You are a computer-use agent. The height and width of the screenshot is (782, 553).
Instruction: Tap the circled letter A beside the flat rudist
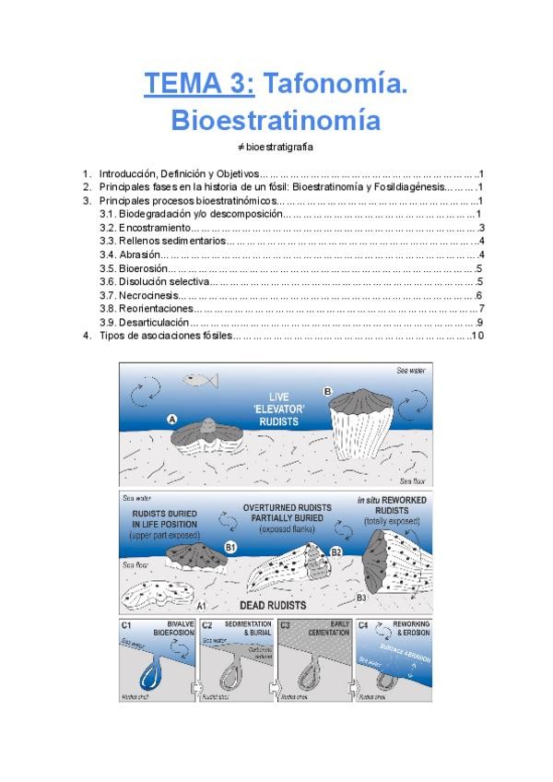[172, 418]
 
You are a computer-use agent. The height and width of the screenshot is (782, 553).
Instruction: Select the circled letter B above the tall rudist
[327, 391]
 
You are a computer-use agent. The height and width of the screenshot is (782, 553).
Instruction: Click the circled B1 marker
[230, 548]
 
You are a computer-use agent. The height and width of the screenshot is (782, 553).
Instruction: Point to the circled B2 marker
[336, 551]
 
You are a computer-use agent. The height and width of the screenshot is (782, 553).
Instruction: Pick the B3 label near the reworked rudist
[361, 598]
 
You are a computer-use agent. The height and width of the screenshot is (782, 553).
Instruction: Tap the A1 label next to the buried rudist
[201, 607]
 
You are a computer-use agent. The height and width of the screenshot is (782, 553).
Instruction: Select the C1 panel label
[128, 626]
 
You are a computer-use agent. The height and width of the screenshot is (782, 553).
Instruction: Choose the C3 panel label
[287, 626]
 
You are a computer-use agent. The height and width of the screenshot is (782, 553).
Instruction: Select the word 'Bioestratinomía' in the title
[276, 121]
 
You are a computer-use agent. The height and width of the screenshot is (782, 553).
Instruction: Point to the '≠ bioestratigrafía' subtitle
[276, 148]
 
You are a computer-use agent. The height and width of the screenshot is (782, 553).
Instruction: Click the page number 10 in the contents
[477, 336]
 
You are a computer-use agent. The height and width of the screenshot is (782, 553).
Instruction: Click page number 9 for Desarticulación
[480, 323]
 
